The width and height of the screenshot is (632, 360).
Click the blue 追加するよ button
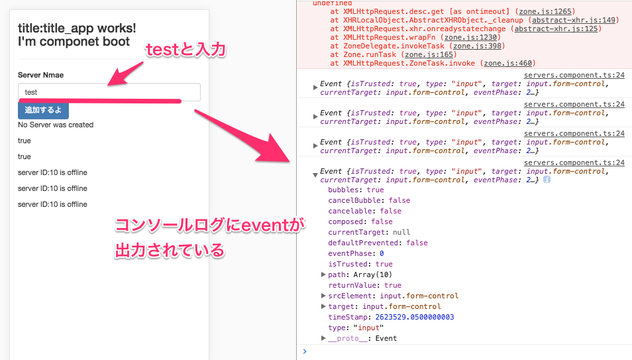[43, 110]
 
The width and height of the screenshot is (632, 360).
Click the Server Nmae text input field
[109, 92]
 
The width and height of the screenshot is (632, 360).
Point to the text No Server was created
[56, 125]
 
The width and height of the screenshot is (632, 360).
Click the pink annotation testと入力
[185, 50]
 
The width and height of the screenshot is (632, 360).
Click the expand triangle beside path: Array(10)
[323, 274]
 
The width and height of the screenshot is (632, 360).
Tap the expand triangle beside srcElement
[323, 296]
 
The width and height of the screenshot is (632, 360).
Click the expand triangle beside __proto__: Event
[323, 338]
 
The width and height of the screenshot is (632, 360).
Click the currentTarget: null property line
[369, 232]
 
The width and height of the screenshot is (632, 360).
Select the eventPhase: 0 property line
[356, 253]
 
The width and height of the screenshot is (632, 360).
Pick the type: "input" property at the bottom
[356, 328]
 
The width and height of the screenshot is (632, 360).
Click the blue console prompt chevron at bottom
[305, 351]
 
